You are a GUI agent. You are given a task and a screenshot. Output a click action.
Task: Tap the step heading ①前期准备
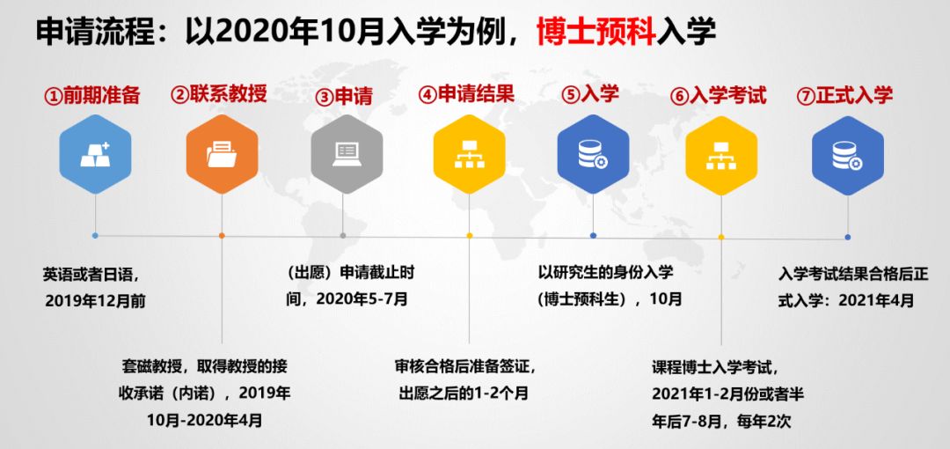(x=92, y=95)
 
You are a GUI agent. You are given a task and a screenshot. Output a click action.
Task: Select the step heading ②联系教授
(x=219, y=95)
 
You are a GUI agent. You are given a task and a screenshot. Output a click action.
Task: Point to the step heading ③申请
(x=345, y=97)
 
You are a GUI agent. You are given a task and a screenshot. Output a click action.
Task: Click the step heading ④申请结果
(x=466, y=94)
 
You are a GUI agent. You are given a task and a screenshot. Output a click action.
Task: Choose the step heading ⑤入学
(x=590, y=95)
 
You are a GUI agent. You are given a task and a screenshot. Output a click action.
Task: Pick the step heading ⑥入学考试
(x=719, y=95)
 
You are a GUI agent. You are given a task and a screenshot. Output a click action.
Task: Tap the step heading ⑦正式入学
(x=844, y=95)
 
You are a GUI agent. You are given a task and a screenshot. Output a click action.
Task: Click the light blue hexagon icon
(x=95, y=154)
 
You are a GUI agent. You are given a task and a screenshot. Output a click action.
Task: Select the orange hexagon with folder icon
(x=222, y=154)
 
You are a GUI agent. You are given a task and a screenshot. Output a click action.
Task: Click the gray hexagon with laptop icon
(x=347, y=154)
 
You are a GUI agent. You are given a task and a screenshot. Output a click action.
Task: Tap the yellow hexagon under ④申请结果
(x=469, y=154)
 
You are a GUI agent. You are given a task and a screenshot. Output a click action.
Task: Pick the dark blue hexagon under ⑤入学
(x=593, y=154)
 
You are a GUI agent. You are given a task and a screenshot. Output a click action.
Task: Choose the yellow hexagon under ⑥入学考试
(x=721, y=155)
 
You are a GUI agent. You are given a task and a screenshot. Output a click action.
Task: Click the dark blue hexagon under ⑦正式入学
(x=848, y=155)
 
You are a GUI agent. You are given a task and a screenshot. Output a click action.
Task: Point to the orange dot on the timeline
(x=222, y=235)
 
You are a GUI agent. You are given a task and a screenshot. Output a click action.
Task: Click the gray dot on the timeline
(x=343, y=235)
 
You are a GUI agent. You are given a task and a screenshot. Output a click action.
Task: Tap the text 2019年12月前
(x=95, y=301)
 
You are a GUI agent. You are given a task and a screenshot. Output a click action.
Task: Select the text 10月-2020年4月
(x=205, y=421)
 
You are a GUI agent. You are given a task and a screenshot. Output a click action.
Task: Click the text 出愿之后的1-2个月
(x=464, y=394)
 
